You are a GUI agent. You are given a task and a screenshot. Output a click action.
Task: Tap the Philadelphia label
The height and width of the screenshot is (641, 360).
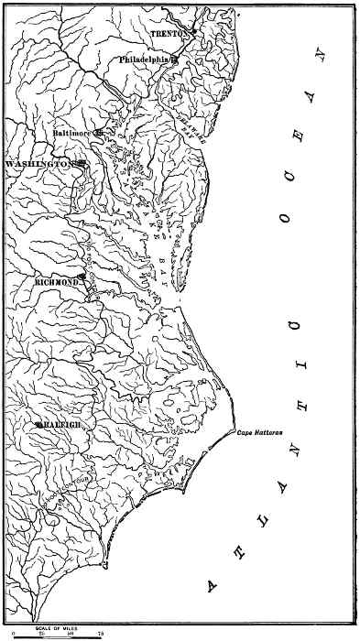click(147, 60)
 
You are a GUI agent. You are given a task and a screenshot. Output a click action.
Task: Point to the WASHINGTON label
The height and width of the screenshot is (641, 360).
click(39, 163)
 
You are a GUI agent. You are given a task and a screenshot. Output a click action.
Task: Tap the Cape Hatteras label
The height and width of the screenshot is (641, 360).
click(257, 430)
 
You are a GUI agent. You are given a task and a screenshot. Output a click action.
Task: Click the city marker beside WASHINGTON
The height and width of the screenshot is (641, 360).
click(82, 163)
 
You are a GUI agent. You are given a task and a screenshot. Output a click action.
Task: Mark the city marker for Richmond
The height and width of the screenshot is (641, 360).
click(82, 276)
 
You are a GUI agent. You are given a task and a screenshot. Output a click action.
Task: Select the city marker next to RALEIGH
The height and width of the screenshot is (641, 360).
click(37, 425)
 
